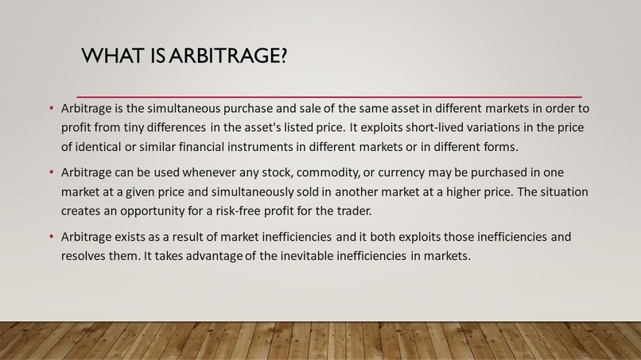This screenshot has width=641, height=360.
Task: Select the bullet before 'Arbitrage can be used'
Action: (x=51, y=172)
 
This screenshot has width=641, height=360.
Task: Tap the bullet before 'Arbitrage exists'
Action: (x=51, y=238)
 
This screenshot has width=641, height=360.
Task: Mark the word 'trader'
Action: (x=351, y=211)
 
